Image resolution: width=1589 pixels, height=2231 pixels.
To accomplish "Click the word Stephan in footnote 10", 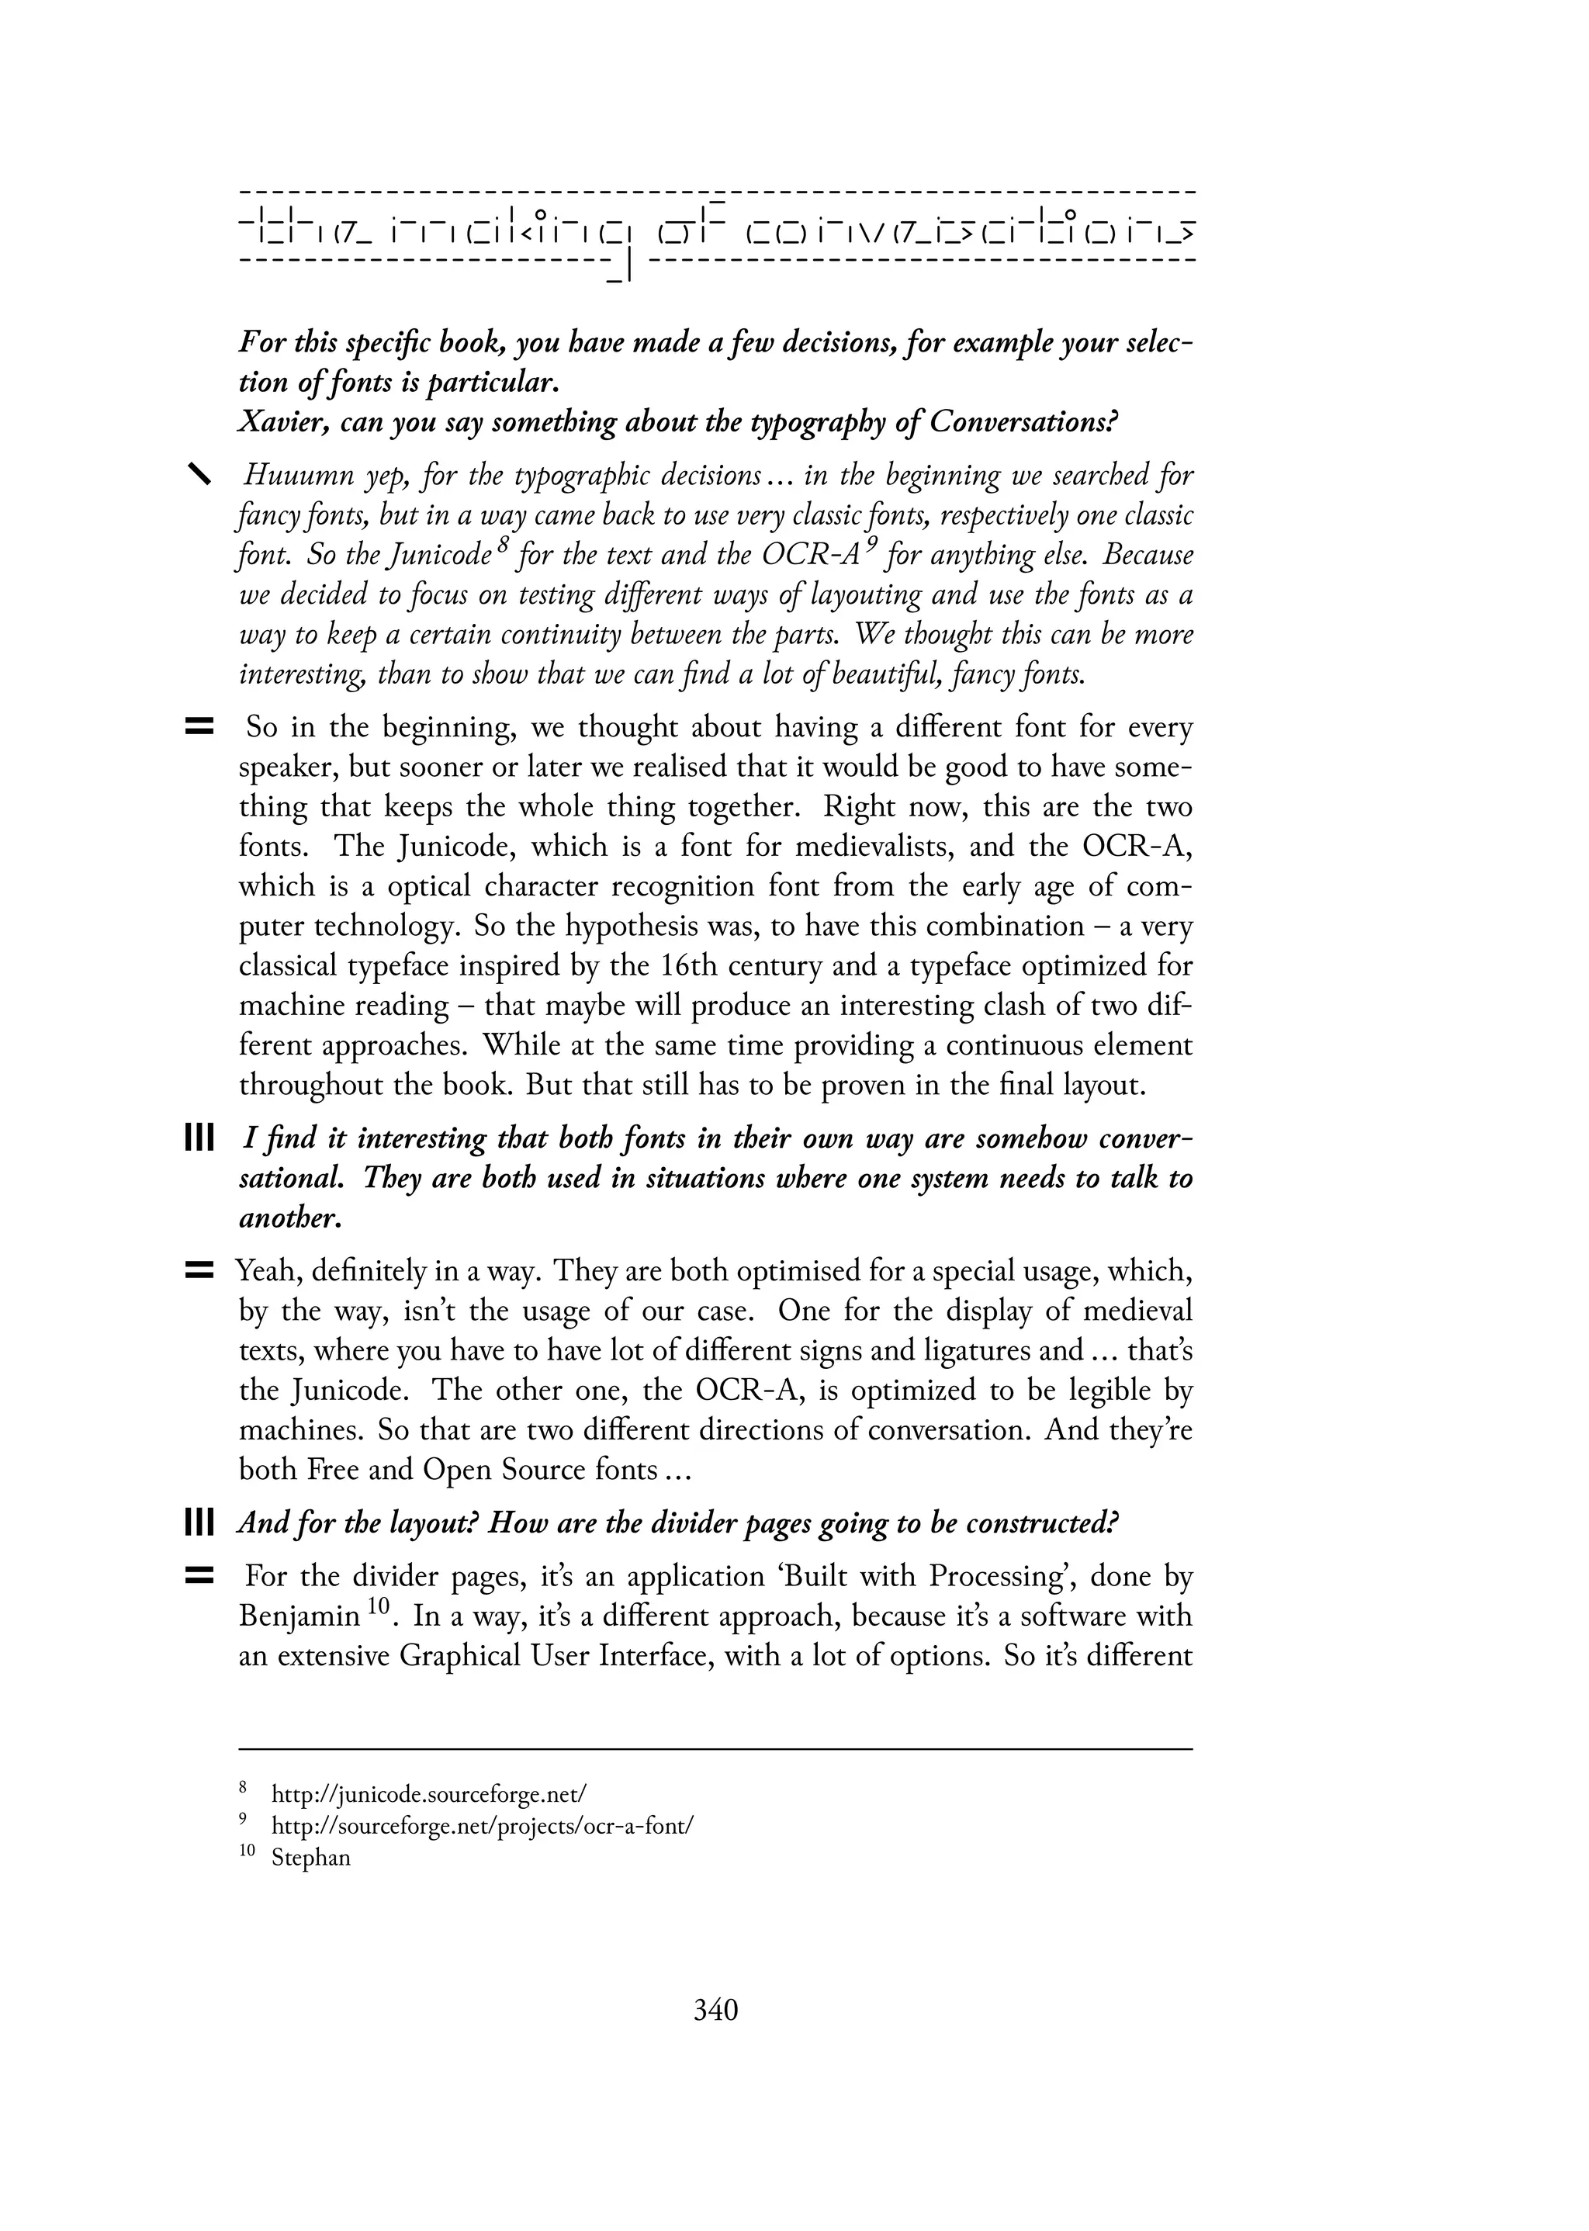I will point(310,1857).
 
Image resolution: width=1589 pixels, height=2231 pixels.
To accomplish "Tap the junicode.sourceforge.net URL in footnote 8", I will point(428,1793).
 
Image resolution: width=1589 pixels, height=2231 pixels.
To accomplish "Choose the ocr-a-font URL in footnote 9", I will point(483,1826).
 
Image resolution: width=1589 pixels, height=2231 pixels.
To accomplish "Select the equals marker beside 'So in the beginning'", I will point(199,727).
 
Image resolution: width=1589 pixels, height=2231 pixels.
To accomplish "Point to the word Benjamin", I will point(299,1616).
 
